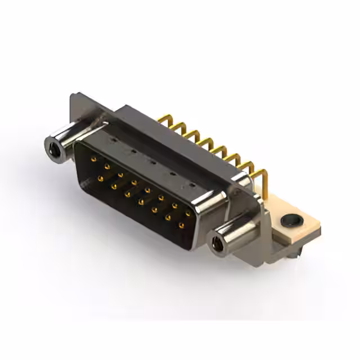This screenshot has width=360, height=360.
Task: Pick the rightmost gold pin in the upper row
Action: click(187, 214)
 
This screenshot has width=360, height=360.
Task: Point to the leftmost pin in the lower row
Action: click(101, 179)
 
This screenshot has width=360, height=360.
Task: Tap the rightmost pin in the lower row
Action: click(181, 226)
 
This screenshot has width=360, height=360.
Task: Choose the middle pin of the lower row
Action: click(141, 202)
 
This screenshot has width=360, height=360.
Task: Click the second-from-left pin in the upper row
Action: click(106, 167)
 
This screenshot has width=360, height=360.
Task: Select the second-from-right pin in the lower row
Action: click(168, 218)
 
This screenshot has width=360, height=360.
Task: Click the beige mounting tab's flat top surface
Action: click(281, 214)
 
